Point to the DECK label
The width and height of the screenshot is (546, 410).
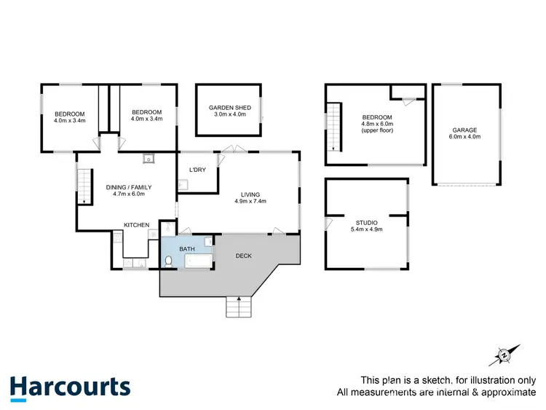tap(245, 256)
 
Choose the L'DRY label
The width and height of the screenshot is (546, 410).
tap(197, 170)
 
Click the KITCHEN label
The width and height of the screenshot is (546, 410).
tap(137, 225)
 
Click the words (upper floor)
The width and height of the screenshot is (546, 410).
tap(377, 131)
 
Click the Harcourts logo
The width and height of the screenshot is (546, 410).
tap(70, 387)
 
